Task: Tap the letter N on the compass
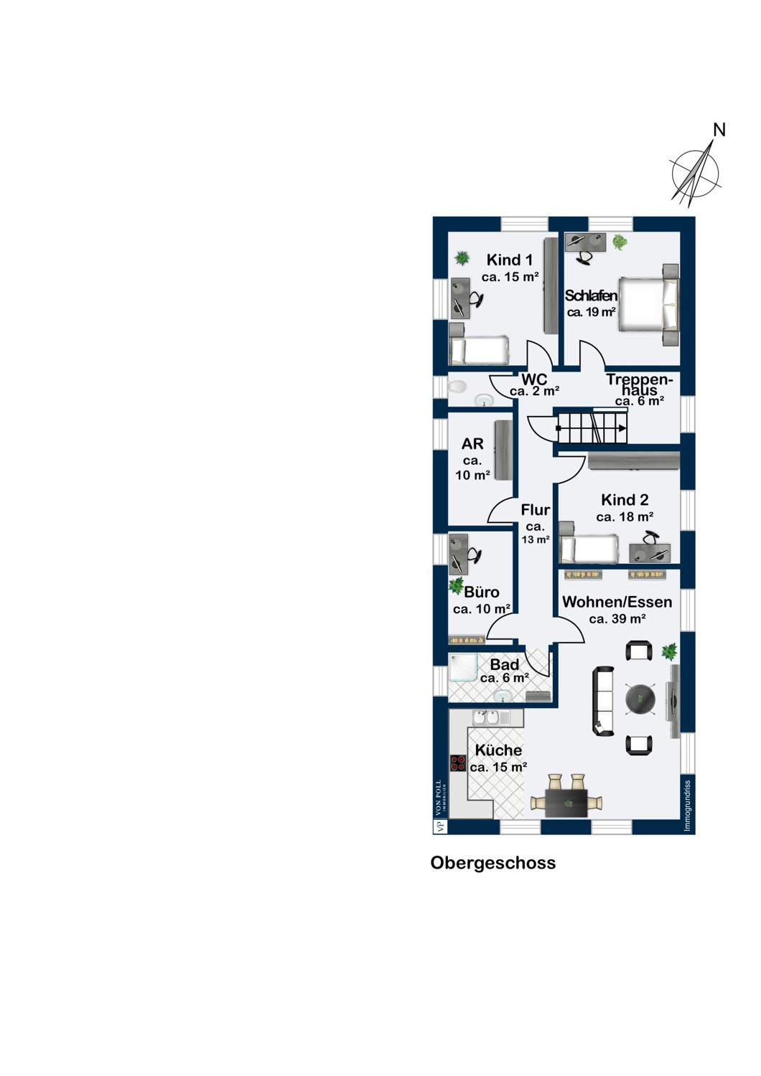[x=719, y=130]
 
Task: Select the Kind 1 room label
[x=510, y=260]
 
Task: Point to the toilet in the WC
[x=457, y=387]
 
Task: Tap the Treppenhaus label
[x=638, y=384]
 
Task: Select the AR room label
[x=472, y=444]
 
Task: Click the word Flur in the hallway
[x=536, y=509]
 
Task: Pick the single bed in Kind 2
[x=589, y=549]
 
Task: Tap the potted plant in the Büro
[x=456, y=585]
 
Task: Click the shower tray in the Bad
[x=463, y=668]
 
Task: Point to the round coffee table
[x=640, y=699]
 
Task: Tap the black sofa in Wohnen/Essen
[x=604, y=701]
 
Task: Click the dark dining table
[x=566, y=803]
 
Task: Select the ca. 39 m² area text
[x=617, y=619]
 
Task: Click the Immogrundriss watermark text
[x=688, y=806]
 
